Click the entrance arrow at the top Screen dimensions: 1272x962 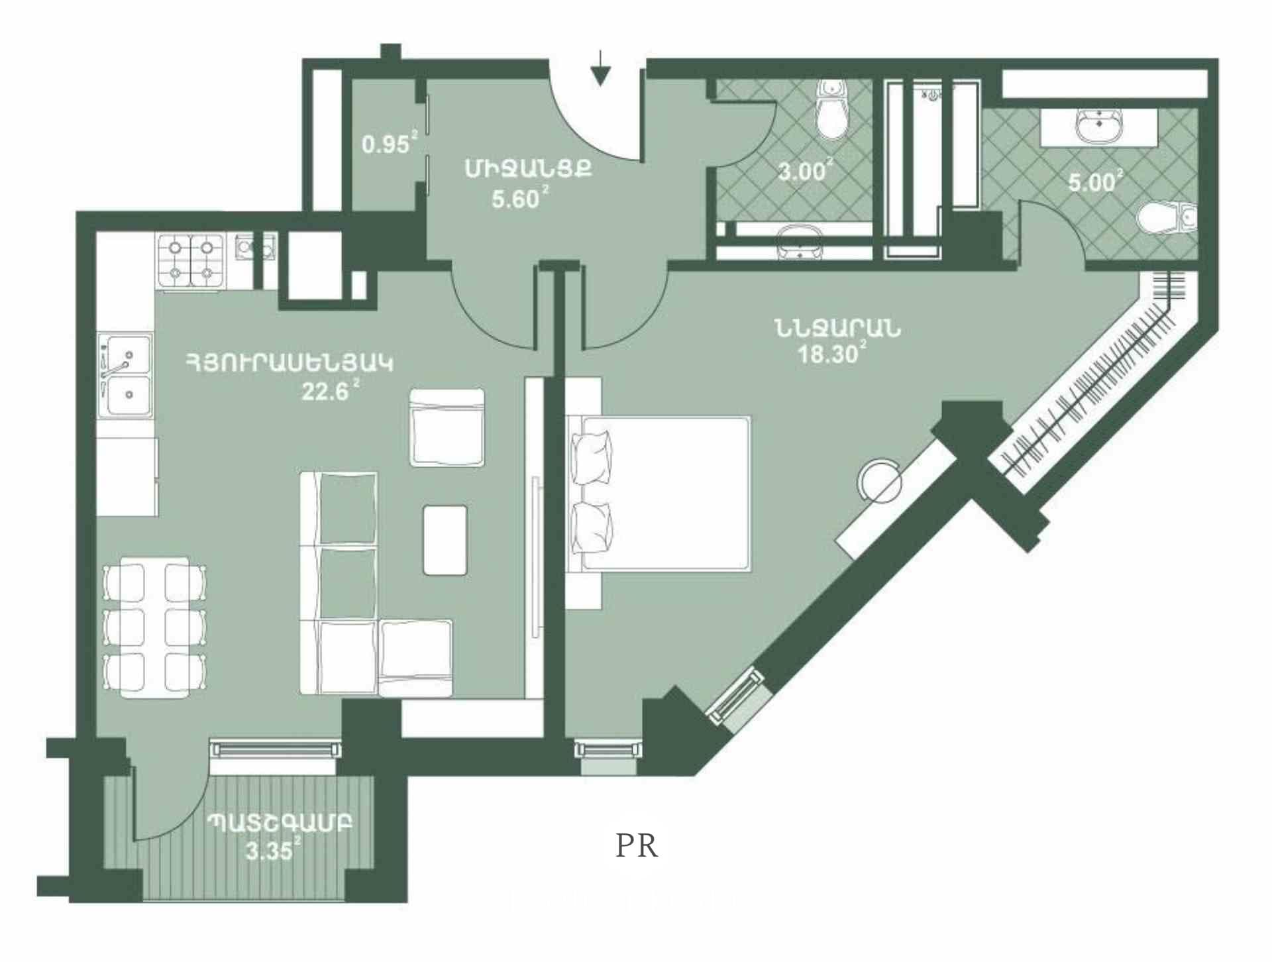pyautogui.click(x=600, y=68)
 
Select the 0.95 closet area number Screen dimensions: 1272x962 pyautogui.click(x=386, y=144)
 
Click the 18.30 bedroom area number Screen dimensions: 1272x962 pyautogui.click(x=828, y=354)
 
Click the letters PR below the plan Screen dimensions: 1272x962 pyautogui.click(x=637, y=846)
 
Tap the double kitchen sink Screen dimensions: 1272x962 pyautogui.click(x=125, y=376)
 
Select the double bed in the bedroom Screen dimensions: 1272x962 pyautogui.click(x=659, y=493)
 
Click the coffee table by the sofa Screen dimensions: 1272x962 pyautogui.click(x=445, y=540)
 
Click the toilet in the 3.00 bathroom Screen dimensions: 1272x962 pyautogui.click(x=832, y=111)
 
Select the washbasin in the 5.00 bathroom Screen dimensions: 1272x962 pyautogui.click(x=1099, y=127)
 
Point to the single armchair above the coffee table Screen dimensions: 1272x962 pyautogui.click(x=447, y=428)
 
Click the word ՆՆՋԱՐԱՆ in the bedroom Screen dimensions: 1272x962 pyautogui.click(x=837, y=328)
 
